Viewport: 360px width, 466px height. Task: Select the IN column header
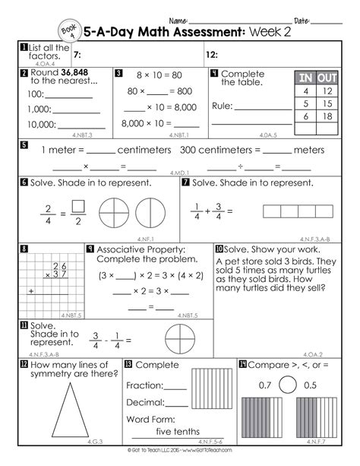(x=305, y=78)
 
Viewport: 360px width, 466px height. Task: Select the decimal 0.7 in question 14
(x=264, y=385)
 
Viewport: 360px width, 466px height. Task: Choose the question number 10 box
(x=219, y=249)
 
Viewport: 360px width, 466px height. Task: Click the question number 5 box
(x=24, y=144)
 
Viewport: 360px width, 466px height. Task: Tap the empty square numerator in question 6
(x=77, y=204)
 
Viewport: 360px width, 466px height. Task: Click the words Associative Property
(x=134, y=249)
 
